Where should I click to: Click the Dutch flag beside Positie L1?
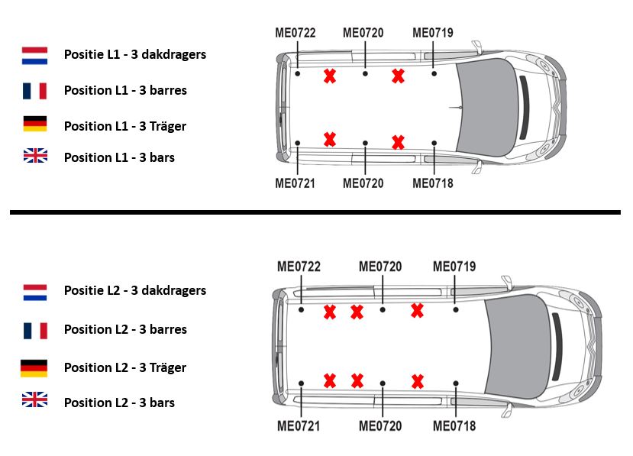34,55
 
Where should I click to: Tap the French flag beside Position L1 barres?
34,90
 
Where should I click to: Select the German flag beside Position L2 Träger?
34,368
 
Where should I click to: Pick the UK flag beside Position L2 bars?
34,399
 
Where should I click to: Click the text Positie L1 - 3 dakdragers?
134,54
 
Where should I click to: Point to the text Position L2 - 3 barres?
125,329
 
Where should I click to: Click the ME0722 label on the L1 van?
296,32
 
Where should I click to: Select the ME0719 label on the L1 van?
433,32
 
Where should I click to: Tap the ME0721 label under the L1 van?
296,183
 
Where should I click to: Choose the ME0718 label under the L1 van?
433,183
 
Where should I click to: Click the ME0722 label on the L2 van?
299,267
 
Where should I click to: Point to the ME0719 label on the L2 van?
454,267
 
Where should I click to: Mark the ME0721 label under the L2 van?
299,425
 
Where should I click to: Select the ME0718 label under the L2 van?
454,425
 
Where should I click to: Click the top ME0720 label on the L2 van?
380,267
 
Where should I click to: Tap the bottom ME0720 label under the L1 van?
363,183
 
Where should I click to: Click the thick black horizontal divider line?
315,212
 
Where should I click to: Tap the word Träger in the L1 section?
168,126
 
